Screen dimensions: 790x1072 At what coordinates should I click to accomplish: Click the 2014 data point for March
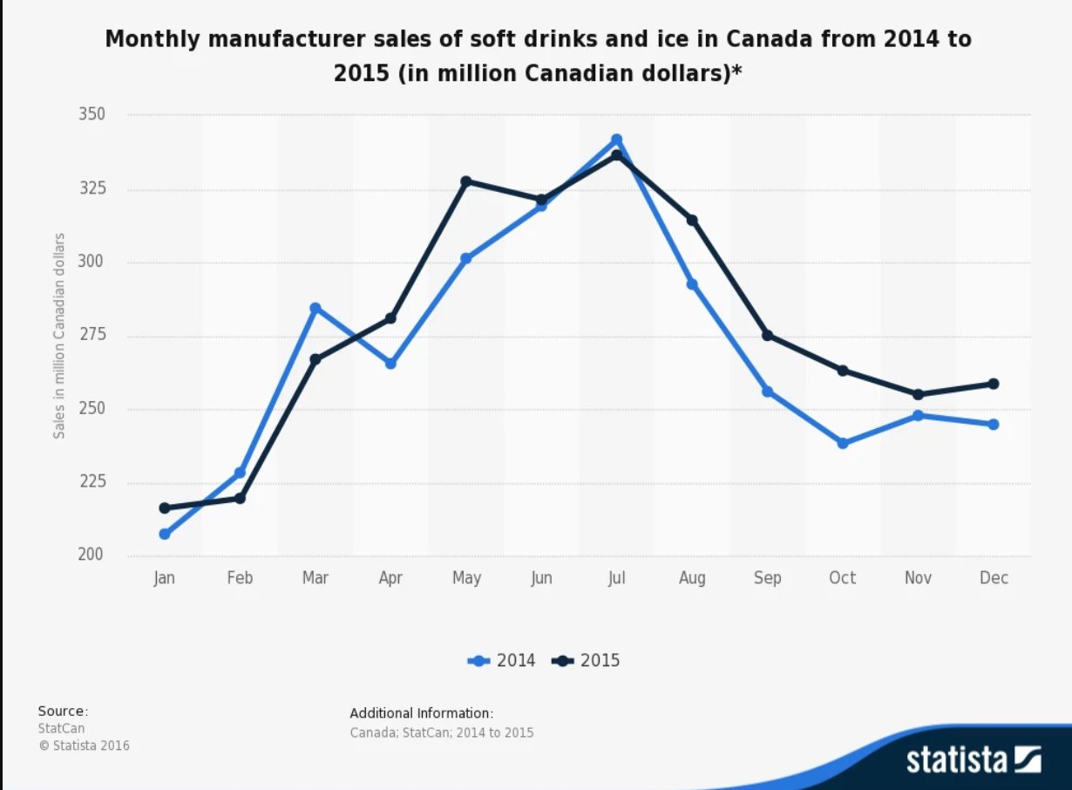[315, 308]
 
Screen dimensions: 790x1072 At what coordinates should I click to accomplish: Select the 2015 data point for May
[466, 181]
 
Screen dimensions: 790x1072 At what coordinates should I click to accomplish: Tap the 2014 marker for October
[843, 443]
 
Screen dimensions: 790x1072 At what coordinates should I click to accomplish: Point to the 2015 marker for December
[994, 384]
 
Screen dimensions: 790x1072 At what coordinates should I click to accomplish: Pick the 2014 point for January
[165, 534]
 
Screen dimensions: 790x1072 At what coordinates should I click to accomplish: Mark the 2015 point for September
[768, 336]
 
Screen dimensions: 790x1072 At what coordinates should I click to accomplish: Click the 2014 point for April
[390, 363]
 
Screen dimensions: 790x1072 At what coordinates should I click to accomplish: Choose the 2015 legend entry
[587, 660]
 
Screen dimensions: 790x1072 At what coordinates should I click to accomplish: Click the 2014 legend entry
[503, 660]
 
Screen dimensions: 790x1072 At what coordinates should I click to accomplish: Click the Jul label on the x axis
[617, 578]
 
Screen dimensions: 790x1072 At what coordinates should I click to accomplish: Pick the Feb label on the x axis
[240, 578]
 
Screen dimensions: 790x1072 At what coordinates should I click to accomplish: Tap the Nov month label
[918, 578]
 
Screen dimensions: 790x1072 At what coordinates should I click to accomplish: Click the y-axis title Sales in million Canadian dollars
[59, 336]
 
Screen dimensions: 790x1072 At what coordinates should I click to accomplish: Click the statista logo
[974, 759]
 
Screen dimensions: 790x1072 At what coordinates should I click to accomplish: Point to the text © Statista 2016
[84, 746]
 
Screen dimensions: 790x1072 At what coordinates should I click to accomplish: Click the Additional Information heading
[422, 712]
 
